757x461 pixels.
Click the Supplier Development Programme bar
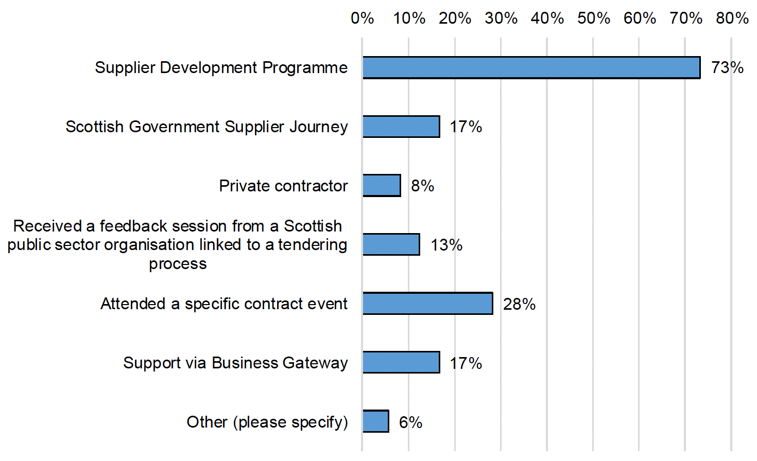531,67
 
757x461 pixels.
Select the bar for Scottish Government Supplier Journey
401,127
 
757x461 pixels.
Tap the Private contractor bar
382,185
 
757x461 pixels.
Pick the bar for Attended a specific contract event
427,304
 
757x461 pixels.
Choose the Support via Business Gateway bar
401,363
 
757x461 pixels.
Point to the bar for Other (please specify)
375,421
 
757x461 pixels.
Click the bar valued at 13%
391,244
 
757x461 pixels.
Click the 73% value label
727,67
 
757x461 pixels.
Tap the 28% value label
519,304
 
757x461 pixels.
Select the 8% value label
422,186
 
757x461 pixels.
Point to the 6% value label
410,422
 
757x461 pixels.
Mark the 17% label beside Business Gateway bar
466,363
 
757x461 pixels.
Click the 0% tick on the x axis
362,19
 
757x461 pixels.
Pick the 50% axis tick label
593,19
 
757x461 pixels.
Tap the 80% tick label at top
732,19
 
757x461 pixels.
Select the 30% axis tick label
501,19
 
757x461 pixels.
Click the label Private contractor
283,186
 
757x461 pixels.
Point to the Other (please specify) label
267,422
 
